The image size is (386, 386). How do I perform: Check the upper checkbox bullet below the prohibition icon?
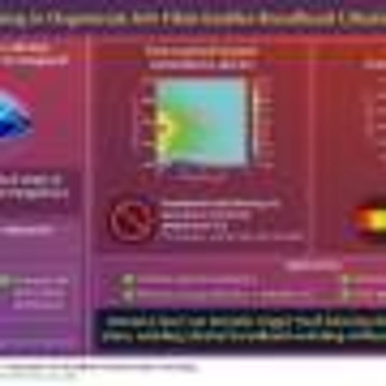coord(128,279)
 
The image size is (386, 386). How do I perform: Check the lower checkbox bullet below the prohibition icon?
coord(128,294)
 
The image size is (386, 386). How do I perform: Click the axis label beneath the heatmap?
coord(203,175)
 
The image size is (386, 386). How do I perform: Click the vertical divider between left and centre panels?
coord(89,193)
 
